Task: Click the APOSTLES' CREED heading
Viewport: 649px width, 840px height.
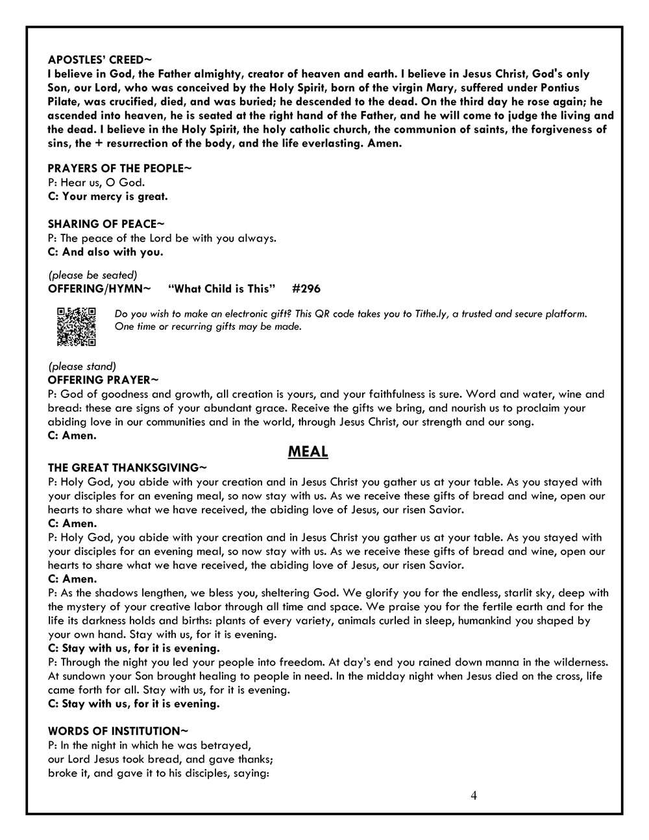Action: pos(100,60)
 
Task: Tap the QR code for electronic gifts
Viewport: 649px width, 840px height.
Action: pos(77,327)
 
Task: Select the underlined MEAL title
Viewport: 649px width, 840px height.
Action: pos(308,452)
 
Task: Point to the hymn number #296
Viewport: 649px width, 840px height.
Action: pos(306,288)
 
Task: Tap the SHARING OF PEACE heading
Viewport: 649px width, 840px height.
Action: pos(102,224)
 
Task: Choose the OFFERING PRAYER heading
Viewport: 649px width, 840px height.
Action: pos(103,380)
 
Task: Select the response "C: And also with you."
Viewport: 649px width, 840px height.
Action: pos(106,252)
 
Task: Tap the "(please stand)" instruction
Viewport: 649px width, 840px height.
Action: pos(82,366)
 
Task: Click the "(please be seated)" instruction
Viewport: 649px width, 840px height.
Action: pos(93,275)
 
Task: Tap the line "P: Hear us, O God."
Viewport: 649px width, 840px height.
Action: pos(97,182)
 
